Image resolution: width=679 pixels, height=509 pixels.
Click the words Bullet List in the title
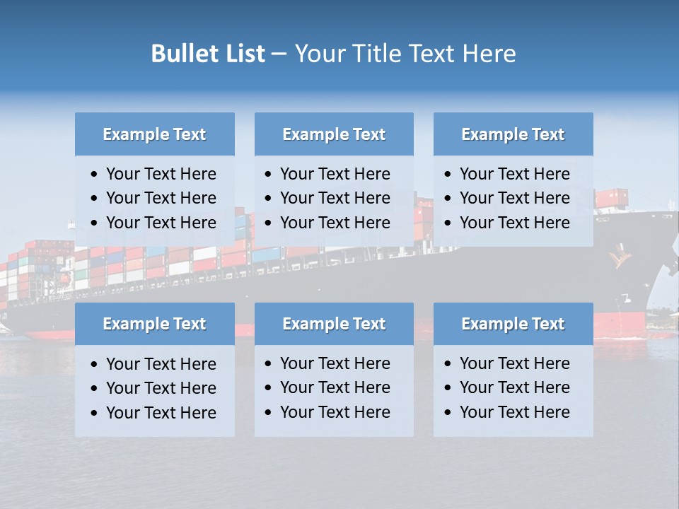pyautogui.click(x=208, y=54)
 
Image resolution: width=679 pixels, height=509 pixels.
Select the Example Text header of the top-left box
pyautogui.click(x=154, y=134)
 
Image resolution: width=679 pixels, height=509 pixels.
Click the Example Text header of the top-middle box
pyautogui.click(x=334, y=134)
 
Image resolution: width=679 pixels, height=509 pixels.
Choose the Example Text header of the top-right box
pyautogui.click(x=513, y=134)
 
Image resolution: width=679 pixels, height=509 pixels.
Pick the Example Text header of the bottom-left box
pyautogui.click(x=154, y=324)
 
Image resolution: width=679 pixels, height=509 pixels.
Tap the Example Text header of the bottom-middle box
pyautogui.click(x=334, y=324)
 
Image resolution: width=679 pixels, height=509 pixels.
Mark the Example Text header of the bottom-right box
pyautogui.click(x=513, y=324)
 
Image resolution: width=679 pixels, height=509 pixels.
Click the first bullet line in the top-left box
pyautogui.click(x=161, y=174)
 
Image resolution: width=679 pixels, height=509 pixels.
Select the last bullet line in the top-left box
pyautogui.click(x=161, y=223)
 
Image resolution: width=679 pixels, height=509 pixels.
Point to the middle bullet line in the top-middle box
pyautogui.click(x=335, y=198)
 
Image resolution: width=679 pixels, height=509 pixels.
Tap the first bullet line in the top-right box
pyautogui.click(x=514, y=174)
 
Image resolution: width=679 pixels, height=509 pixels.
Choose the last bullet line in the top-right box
pyautogui.click(x=514, y=223)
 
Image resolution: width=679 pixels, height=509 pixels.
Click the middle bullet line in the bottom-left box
pyautogui.click(x=161, y=388)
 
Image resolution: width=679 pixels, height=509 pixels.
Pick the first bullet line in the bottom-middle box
pyautogui.click(x=335, y=363)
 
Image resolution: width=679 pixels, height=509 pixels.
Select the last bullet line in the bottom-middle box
pyautogui.click(x=335, y=412)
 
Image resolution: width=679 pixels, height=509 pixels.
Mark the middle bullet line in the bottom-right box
pyautogui.click(x=514, y=387)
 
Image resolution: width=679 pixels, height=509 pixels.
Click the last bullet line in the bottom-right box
pyautogui.click(x=514, y=412)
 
